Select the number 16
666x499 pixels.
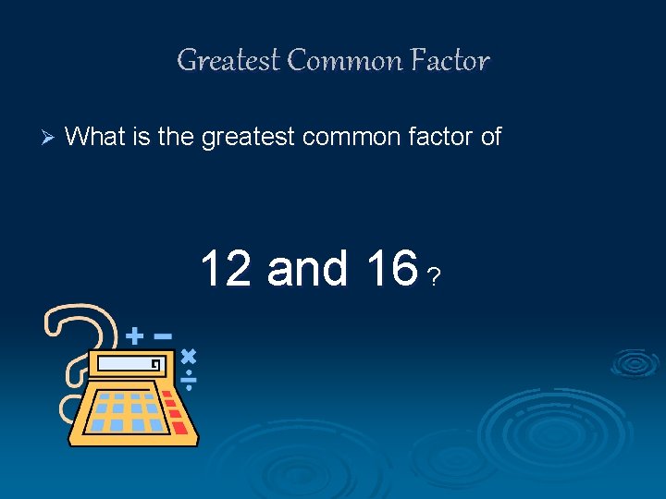390,268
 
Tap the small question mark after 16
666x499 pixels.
435,276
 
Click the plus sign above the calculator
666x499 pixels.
135,334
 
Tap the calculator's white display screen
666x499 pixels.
129,364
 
